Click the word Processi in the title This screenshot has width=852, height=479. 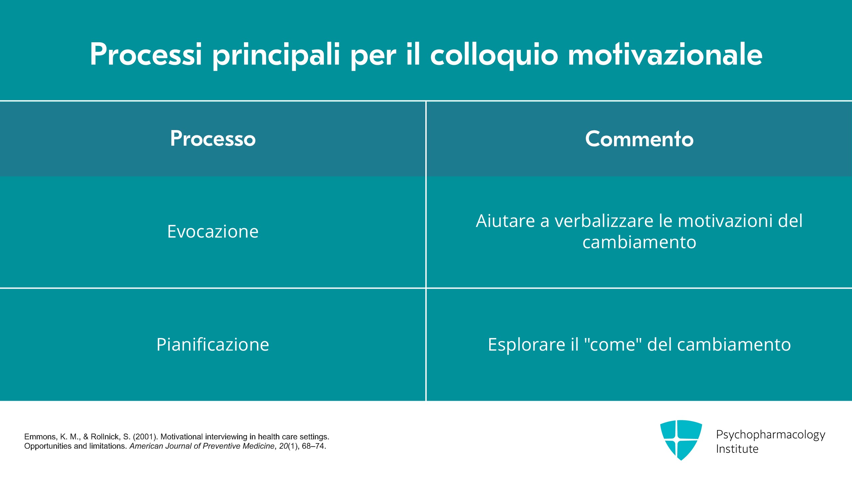(146, 54)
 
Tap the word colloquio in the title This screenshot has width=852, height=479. (494, 56)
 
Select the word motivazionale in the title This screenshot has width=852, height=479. (665, 54)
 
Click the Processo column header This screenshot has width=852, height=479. (213, 138)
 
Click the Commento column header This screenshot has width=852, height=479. (639, 138)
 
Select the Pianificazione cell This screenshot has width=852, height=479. (213, 344)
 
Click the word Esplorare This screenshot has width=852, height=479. (526, 344)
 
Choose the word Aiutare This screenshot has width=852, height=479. (506, 221)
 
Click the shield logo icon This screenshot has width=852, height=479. (681, 440)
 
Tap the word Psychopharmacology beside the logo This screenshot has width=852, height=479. (770, 435)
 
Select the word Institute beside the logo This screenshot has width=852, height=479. (737, 449)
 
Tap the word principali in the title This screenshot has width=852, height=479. (276, 56)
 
